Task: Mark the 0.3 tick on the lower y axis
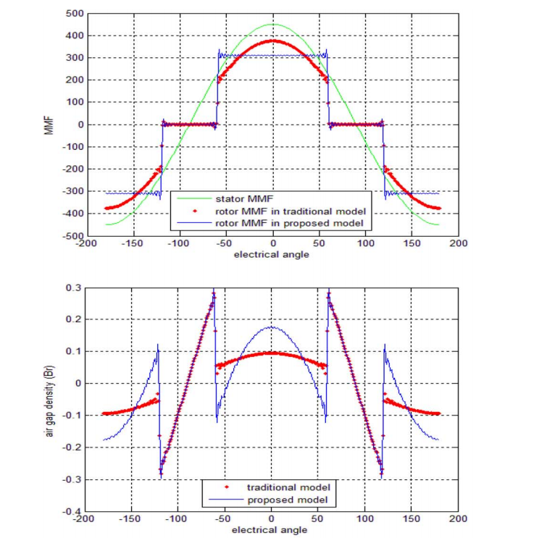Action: click(75, 287)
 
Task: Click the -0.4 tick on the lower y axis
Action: click(73, 511)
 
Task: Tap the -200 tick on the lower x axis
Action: click(85, 519)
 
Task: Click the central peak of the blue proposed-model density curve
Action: click(272, 327)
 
